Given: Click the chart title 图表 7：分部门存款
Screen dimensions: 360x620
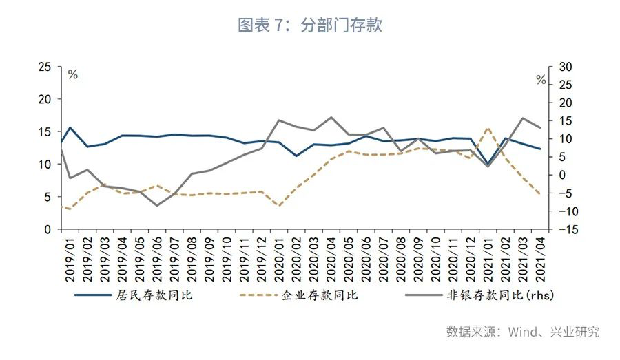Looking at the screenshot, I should [309, 26].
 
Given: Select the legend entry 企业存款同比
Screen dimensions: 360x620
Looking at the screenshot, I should [320, 295].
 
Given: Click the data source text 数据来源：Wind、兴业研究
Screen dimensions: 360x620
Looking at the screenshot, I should [523, 332].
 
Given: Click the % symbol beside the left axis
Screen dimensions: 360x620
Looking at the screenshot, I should [72, 75].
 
